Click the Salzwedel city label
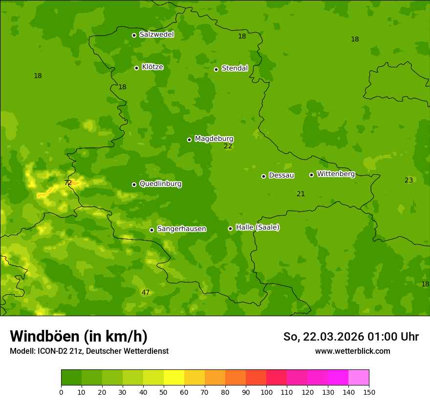156,35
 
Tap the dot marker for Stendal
216,69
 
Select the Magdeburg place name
214,139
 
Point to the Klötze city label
152,67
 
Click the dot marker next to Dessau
263,176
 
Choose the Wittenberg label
336,174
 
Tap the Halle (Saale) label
258,227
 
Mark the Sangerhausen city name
181,229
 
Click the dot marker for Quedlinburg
134,184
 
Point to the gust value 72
68,183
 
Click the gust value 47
146,293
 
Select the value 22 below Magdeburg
228,146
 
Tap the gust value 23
409,181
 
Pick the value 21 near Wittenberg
301,194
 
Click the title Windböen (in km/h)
79,336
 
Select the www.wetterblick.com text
353,351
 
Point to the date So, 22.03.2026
324,337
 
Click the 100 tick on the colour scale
266,392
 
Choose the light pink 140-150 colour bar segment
359,378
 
